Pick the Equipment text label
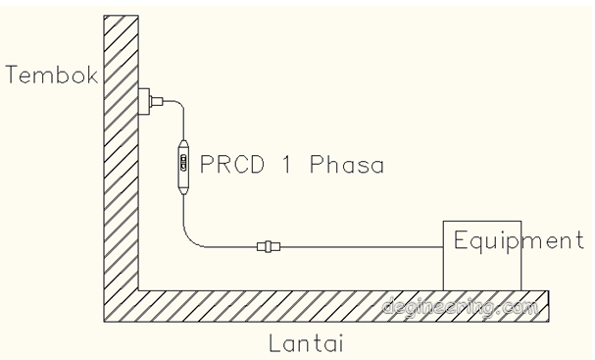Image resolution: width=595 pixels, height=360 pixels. (518, 239)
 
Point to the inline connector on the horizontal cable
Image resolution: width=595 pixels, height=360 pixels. (266, 247)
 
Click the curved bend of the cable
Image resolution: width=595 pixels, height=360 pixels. (192, 238)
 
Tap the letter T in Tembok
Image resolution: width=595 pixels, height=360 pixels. (12, 75)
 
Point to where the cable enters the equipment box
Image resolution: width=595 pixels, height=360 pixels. (444, 247)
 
